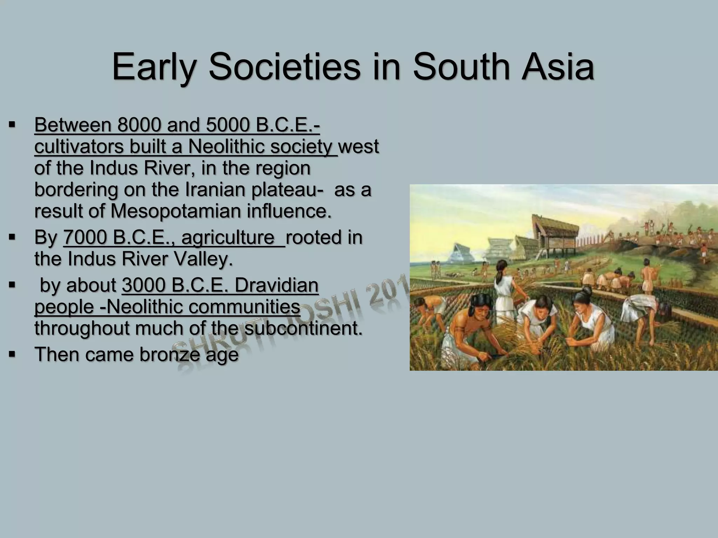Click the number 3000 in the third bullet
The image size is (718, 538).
144,285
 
